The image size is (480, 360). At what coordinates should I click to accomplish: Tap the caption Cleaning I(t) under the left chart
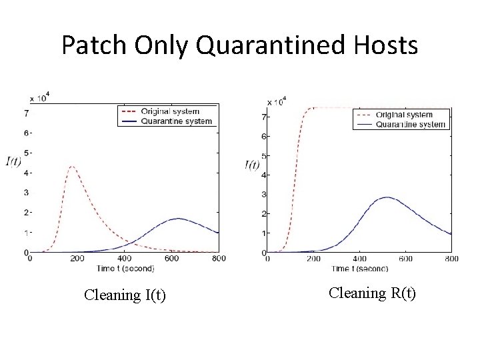point(125,295)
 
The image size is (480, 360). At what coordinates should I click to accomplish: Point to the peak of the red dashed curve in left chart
point(72,166)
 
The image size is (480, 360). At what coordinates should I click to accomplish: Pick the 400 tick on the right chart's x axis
point(359,259)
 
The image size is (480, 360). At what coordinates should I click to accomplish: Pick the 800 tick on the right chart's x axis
point(451,259)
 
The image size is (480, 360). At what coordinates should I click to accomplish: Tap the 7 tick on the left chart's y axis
point(26,113)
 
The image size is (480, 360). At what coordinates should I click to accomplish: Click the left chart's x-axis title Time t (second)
point(125,268)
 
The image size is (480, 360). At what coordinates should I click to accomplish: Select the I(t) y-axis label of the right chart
point(252,165)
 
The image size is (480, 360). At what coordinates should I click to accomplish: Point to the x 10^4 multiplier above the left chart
point(39,98)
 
